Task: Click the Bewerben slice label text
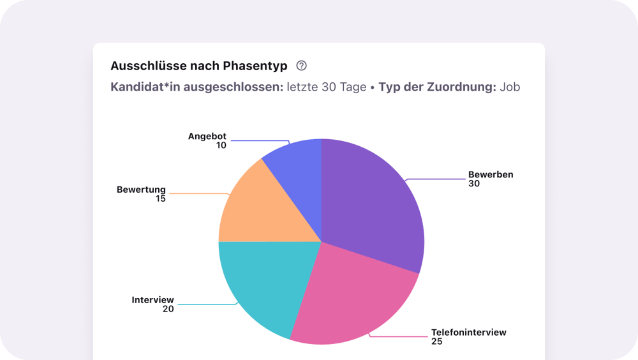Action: [x=491, y=174]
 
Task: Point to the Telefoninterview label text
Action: [x=468, y=332]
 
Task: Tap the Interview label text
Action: [x=152, y=299]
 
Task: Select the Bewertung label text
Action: [x=141, y=190]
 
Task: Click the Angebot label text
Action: [x=207, y=136]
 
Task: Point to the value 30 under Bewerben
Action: [x=474, y=184]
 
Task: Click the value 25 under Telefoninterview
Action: [x=437, y=341]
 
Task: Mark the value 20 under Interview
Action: [x=168, y=309]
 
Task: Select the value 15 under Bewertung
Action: [x=160, y=199]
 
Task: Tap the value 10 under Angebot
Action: [x=221, y=145]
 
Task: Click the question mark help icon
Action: [x=302, y=66]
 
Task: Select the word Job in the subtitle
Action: [x=510, y=87]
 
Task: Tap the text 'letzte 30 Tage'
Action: [x=326, y=87]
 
